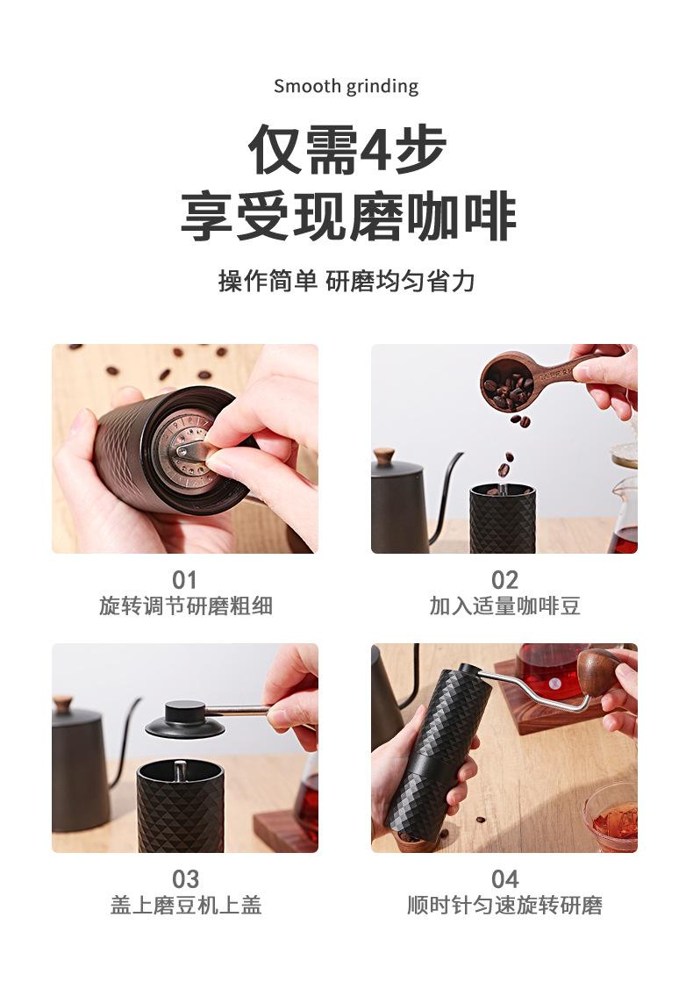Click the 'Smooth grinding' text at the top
point(346,86)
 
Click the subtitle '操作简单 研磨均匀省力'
point(346,282)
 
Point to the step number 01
point(185,580)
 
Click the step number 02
point(504,580)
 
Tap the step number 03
point(185,879)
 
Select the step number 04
point(504,879)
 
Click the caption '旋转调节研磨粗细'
point(185,606)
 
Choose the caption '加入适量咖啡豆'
point(504,606)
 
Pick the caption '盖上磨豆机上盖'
point(185,906)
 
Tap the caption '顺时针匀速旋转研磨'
point(504,906)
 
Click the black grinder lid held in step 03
point(185,720)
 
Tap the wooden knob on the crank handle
point(599,671)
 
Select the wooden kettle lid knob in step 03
point(62,704)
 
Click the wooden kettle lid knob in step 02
point(383,456)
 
